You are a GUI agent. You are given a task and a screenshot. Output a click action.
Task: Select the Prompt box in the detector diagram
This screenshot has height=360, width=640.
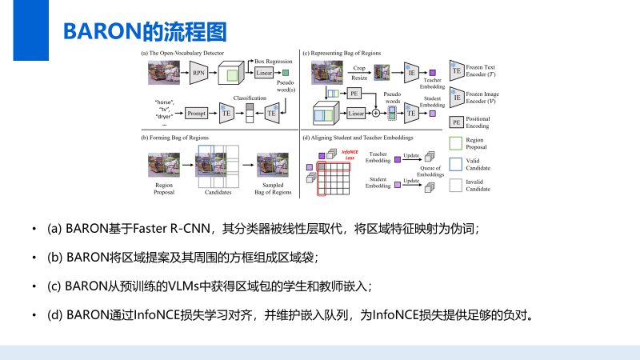point(197,114)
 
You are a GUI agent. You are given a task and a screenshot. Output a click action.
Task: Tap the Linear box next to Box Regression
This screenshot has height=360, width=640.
point(264,74)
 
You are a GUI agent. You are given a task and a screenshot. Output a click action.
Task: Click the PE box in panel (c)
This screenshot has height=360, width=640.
point(355,94)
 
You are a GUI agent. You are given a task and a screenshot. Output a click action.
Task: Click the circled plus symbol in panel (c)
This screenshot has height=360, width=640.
point(376,114)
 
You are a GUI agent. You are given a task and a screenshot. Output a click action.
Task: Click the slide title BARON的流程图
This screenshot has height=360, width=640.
point(144,31)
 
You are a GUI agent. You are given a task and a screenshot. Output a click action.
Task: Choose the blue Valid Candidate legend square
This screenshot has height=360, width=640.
point(457,164)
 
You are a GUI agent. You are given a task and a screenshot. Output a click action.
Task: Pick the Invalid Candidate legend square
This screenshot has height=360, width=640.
point(457,186)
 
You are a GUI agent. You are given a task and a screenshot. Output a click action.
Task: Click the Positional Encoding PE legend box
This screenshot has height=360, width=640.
point(457,122)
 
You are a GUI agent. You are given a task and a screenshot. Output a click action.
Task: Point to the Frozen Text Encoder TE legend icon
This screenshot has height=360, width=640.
point(457,71)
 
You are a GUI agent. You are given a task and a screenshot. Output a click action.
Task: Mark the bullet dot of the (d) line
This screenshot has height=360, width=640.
point(34,314)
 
